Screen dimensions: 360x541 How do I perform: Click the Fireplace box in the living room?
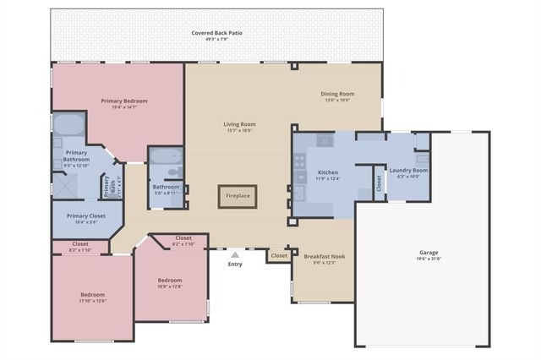[238, 196]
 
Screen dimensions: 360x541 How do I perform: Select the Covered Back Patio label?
[216, 32]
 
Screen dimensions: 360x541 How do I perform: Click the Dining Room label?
[337, 93]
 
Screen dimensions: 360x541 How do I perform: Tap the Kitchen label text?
[303, 172]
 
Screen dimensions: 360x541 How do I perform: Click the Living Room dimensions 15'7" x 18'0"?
[240, 131]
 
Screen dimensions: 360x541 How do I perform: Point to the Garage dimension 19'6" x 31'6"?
[429, 259]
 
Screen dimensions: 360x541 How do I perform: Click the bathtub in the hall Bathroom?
[165, 157]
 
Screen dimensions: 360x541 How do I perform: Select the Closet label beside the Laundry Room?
[378, 183]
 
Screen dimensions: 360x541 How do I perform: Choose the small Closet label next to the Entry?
[279, 254]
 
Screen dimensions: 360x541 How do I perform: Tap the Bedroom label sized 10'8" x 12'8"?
[170, 280]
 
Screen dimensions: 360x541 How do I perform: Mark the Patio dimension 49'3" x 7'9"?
[216, 39]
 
